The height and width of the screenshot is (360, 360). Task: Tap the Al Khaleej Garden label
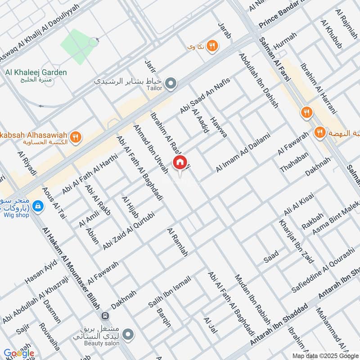(36, 72)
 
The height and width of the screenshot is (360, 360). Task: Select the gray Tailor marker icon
(171, 83)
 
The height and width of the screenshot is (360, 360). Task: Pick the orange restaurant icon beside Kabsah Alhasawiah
(76, 137)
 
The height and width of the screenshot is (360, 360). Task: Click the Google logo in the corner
(18, 353)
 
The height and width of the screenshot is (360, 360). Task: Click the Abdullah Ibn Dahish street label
(259, 81)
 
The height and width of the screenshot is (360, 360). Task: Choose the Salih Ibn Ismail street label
(170, 292)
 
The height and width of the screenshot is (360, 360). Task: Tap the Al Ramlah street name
(176, 242)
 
